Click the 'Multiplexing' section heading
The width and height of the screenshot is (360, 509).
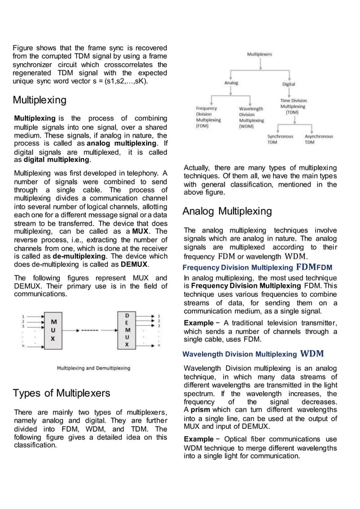[x=39, y=100]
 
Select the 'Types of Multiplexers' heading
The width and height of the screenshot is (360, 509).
[x=62, y=393]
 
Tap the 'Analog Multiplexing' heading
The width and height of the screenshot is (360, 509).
[x=227, y=212]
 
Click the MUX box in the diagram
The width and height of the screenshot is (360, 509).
[x=53, y=330]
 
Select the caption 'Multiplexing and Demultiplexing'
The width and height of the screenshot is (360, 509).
[x=93, y=368]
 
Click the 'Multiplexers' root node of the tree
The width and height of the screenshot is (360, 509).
[x=260, y=54]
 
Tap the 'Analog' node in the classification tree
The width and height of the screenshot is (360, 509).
[x=231, y=83]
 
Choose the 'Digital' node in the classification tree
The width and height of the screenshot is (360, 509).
[x=288, y=84]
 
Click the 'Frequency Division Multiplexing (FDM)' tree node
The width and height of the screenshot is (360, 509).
[x=208, y=117]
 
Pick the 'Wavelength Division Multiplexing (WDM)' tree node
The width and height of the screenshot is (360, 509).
[x=251, y=117]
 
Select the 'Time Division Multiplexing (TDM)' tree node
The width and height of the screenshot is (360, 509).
[x=293, y=106]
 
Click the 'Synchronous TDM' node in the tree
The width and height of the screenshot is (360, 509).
[x=280, y=139]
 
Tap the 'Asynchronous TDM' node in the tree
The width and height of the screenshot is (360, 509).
[x=318, y=139]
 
